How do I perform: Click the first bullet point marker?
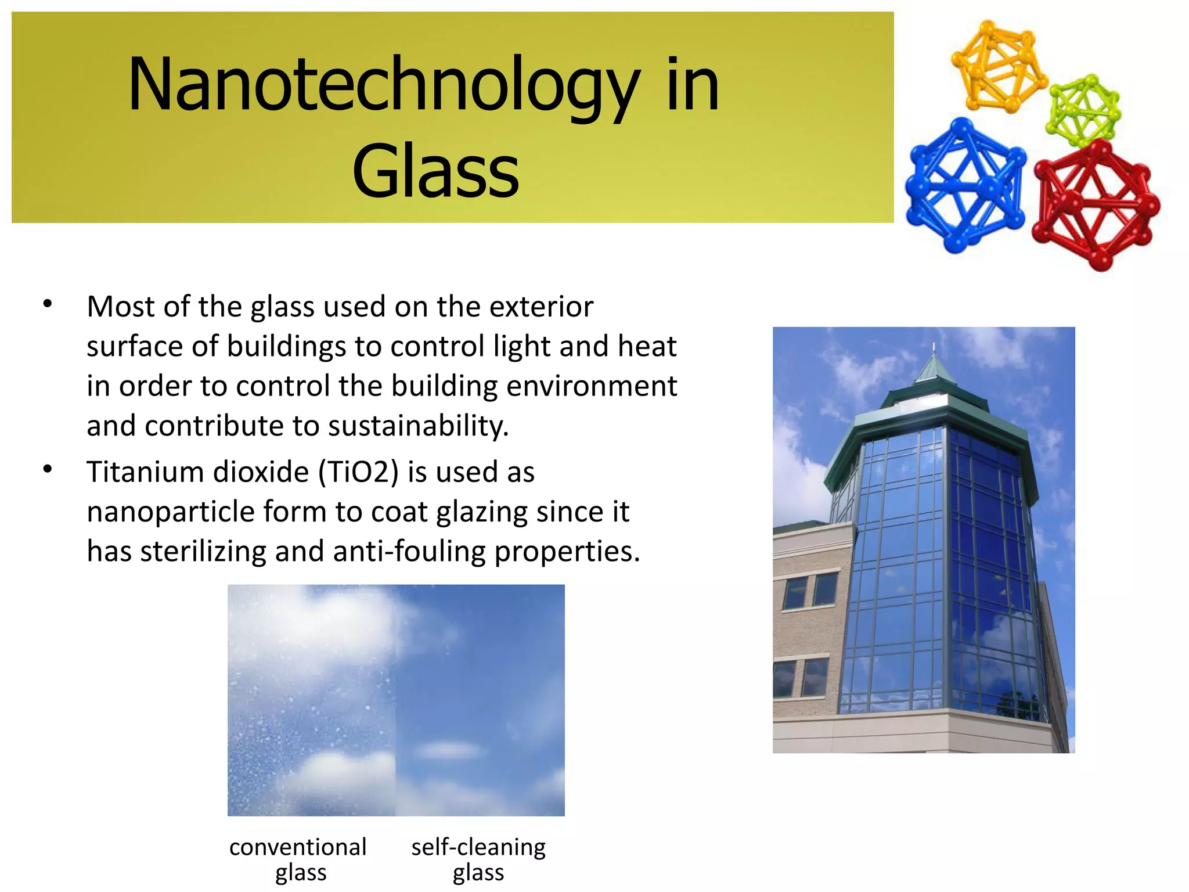coord(48,304)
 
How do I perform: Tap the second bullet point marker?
coord(48,469)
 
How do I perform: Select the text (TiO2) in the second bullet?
coord(358,472)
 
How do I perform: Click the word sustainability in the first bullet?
coord(418,426)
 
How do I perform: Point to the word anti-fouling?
coord(409,551)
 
